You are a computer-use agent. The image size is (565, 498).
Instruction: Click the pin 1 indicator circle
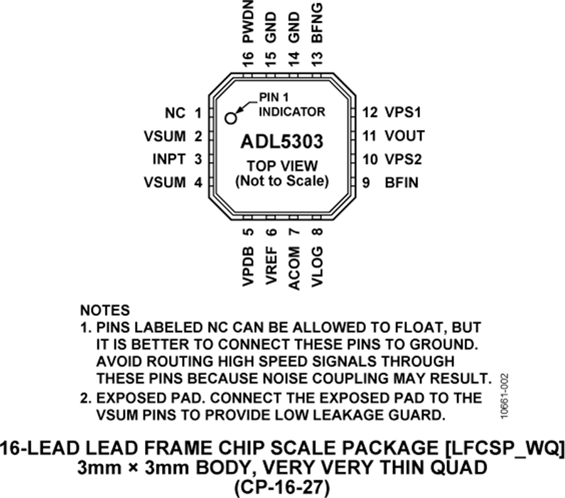[230, 118]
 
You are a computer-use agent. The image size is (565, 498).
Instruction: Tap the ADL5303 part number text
[282, 142]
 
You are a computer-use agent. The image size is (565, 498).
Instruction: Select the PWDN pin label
[248, 21]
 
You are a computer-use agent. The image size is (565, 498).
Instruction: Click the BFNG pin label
[317, 23]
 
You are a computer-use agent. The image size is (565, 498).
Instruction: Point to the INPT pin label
[169, 160]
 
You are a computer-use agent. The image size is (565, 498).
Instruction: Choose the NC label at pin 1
[175, 113]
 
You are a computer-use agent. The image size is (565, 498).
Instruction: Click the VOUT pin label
[405, 136]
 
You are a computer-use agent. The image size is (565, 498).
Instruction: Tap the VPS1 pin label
[403, 112]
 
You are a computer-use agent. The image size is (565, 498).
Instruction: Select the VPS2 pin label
[403, 160]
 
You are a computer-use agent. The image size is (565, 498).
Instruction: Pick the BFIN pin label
[401, 183]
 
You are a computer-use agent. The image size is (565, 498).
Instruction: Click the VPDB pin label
[248, 266]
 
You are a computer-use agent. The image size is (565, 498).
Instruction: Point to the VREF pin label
[271, 266]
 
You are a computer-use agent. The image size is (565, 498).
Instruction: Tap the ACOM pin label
[294, 268]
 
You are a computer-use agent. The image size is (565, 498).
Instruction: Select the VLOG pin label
[317, 267]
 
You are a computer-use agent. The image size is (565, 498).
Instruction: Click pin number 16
[248, 60]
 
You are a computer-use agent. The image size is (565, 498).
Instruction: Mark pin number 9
[366, 183]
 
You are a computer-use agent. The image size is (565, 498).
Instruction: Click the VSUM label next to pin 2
[164, 136]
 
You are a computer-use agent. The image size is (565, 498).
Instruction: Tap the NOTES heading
[105, 310]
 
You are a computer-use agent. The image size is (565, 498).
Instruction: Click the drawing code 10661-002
[504, 396]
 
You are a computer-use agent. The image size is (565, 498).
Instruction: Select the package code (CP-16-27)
[282, 488]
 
